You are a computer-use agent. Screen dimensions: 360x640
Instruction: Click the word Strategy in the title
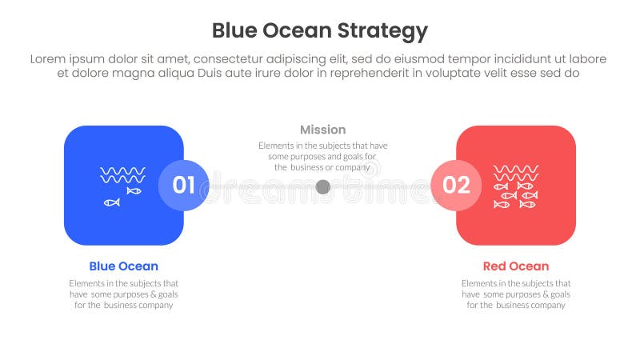point(386,31)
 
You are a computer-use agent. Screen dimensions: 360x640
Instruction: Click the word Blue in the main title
point(234,30)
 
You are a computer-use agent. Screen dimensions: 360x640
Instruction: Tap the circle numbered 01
point(183,186)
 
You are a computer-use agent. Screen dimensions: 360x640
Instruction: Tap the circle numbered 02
point(456,186)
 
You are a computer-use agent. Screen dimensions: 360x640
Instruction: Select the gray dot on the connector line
point(323,186)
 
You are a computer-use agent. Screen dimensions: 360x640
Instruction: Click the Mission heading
point(323,130)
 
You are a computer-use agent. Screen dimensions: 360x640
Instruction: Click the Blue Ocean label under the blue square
point(123,266)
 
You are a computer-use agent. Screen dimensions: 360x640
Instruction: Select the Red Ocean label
point(516,266)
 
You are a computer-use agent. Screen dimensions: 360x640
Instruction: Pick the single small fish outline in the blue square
point(112,202)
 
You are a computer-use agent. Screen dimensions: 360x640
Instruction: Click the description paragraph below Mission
point(323,157)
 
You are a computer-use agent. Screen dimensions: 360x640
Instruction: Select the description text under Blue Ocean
point(123,294)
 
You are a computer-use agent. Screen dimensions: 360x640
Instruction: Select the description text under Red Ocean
point(516,294)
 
